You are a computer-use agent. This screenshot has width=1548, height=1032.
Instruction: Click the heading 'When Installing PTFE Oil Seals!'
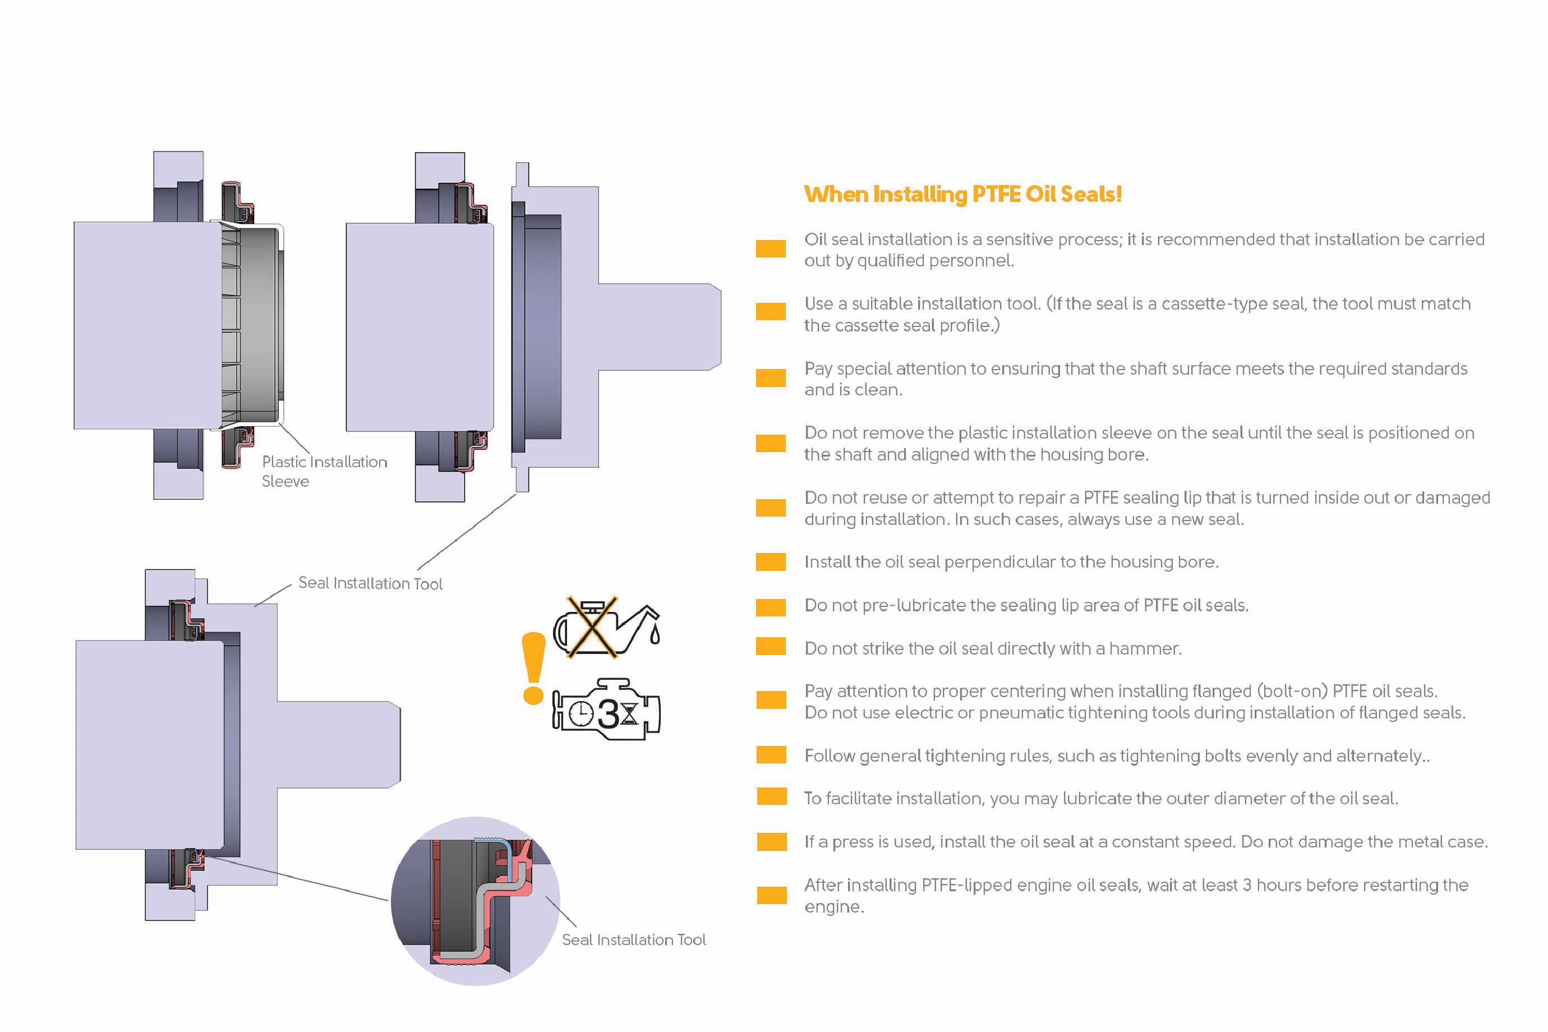[962, 194]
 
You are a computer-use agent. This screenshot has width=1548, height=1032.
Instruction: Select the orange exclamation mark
[532, 668]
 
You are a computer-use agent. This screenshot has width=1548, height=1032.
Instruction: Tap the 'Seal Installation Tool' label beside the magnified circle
[633, 940]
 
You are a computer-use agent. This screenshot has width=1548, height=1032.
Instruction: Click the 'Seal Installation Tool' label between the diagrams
[370, 583]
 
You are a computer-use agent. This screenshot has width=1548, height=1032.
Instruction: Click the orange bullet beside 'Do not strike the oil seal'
[771, 648]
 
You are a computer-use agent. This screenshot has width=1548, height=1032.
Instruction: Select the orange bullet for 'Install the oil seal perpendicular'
[771, 562]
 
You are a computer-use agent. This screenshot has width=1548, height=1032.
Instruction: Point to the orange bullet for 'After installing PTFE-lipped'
[771, 895]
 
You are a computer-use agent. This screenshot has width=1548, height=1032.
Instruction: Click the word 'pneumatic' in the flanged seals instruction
[1020, 713]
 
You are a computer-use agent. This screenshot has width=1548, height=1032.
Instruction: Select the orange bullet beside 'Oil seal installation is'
[771, 249]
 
